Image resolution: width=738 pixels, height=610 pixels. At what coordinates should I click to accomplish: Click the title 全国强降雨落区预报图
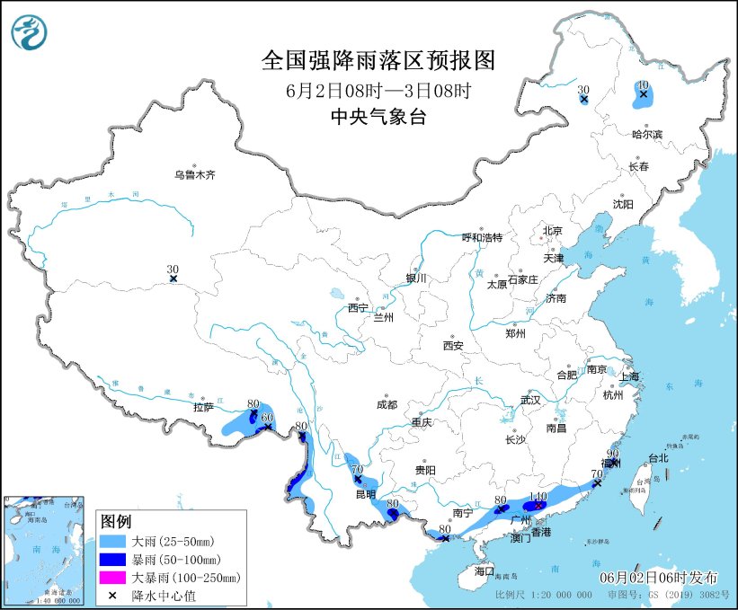[x=378, y=60]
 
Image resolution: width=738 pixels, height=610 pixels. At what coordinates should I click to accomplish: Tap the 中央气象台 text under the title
[x=378, y=116]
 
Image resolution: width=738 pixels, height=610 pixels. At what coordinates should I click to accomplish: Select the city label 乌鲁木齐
[x=195, y=174]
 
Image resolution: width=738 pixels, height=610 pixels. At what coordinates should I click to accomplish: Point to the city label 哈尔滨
[x=646, y=134]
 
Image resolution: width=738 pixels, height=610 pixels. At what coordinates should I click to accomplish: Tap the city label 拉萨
[x=204, y=407]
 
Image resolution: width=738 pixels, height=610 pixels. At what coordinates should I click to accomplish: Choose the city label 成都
[x=387, y=403]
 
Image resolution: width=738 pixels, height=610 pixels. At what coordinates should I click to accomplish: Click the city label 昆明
[x=364, y=495]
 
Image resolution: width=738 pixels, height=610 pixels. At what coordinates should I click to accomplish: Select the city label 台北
[x=658, y=457]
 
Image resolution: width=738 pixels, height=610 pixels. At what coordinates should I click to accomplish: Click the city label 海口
[x=485, y=570]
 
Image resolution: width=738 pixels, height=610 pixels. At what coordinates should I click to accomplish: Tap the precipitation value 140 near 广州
[x=538, y=496]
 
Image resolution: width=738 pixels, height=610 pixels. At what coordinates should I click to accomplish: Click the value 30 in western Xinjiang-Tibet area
[x=173, y=269]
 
